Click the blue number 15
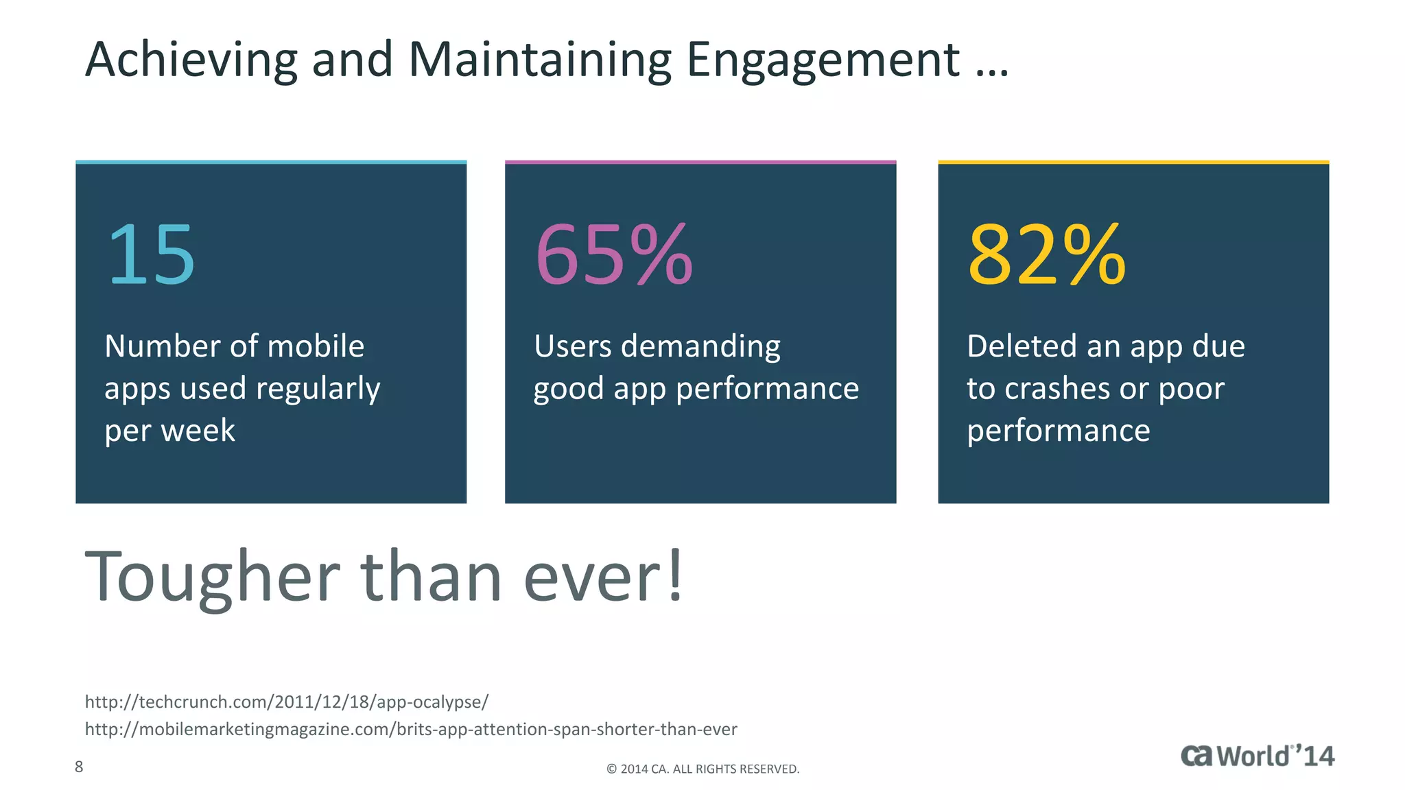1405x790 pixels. click(152, 255)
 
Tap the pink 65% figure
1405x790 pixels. click(613, 255)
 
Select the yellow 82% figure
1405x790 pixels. click(1046, 255)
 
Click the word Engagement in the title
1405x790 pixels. click(822, 60)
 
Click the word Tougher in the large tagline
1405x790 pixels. click(212, 577)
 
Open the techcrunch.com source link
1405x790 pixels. click(286, 702)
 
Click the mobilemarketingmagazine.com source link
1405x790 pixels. click(410, 729)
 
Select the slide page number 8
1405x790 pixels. click(79, 767)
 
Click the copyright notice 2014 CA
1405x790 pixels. click(702, 769)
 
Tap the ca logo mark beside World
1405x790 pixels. click(1196, 756)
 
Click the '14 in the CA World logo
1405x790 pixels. click(1316, 756)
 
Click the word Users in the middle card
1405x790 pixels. click(572, 346)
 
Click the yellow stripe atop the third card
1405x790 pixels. click(1133, 163)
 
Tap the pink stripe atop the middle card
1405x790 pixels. click(700, 163)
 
